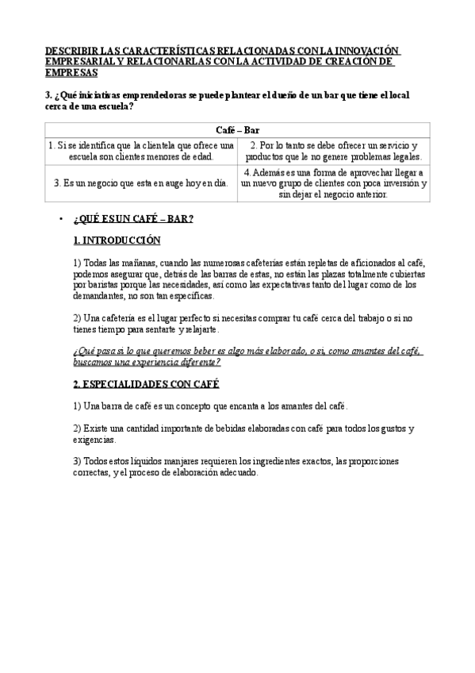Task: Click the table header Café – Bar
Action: click(237, 129)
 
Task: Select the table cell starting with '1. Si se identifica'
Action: click(141, 152)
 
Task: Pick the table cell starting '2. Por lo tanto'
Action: click(334, 152)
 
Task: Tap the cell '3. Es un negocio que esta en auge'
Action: click(141, 183)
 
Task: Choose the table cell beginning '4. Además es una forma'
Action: click(334, 183)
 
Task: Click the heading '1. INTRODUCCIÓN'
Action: click(117, 240)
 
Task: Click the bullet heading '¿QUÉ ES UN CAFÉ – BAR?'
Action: click(133, 218)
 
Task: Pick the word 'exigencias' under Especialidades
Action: click(94, 439)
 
